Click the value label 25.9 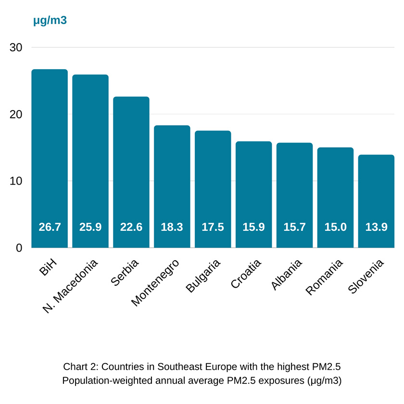(x=90, y=227)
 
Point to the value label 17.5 (x=213, y=227)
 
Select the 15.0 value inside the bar (x=335, y=227)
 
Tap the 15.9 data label (x=253, y=227)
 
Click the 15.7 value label (x=294, y=227)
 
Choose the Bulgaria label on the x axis (x=203, y=276)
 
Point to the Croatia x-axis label (x=246, y=274)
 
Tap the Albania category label (x=287, y=275)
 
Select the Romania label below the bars (x=325, y=277)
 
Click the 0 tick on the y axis (x=19, y=248)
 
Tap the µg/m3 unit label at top (x=50, y=21)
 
